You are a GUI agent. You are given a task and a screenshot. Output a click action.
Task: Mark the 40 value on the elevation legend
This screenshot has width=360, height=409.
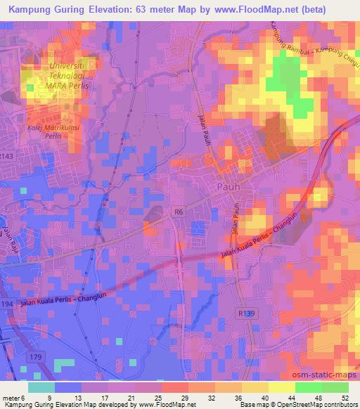(264, 398)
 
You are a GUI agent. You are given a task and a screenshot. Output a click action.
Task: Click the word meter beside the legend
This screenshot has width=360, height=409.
(10, 398)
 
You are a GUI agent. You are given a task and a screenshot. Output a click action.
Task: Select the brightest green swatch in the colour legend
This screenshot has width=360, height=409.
(307, 387)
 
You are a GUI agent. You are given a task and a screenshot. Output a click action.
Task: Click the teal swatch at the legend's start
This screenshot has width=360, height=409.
(41, 387)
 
